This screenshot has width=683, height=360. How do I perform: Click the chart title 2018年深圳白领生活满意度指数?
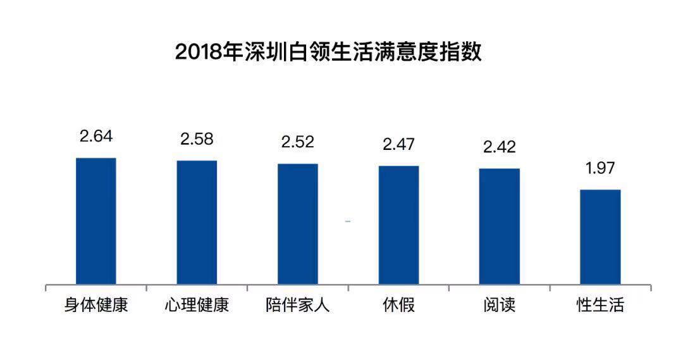pyautogui.click(x=328, y=51)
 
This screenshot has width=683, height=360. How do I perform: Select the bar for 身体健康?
pyautogui.click(x=96, y=221)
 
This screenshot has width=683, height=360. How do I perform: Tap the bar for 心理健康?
pyautogui.click(x=197, y=222)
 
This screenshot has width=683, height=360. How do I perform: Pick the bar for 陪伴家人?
pyautogui.click(x=298, y=224)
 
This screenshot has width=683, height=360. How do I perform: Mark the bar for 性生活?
pyautogui.click(x=600, y=237)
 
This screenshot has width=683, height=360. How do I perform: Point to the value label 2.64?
pyautogui.click(x=96, y=136)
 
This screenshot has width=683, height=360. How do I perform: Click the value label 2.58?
pyautogui.click(x=197, y=139)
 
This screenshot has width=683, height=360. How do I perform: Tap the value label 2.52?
pyautogui.click(x=298, y=142)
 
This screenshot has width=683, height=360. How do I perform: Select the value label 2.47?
pyautogui.click(x=398, y=144)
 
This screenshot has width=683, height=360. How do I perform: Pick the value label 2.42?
pyautogui.click(x=499, y=147)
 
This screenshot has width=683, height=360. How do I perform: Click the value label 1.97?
pyautogui.click(x=600, y=168)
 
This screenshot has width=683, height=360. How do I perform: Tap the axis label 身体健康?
pyautogui.click(x=96, y=306)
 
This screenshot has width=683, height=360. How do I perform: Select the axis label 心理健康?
pyautogui.click(x=197, y=306)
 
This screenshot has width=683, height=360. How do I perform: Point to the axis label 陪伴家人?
pyautogui.click(x=298, y=306)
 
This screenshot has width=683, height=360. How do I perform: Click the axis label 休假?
pyautogui.click(x=398, y=306)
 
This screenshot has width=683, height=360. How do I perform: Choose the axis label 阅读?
pyautogui.click(x=499, y=306)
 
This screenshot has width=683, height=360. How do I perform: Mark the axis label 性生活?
pyautogui.click(x=600, y=306)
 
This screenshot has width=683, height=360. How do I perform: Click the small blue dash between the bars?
pyautogui.click(x=348, y=221)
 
